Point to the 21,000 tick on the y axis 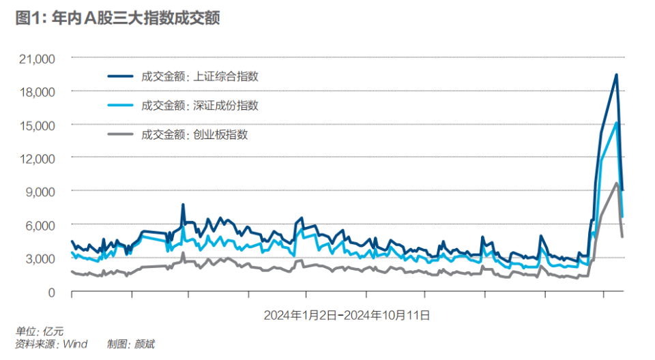35,59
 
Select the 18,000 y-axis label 35,92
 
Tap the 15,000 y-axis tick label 35,125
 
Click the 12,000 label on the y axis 35,159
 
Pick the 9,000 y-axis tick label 38,192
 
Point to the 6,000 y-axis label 38,225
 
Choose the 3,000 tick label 38,258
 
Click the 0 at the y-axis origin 50,292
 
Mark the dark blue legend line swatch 121,76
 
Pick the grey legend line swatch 121,134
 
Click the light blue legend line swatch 121,106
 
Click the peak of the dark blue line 616,75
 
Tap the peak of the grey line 617,183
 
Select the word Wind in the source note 75,344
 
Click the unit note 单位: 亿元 34,332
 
